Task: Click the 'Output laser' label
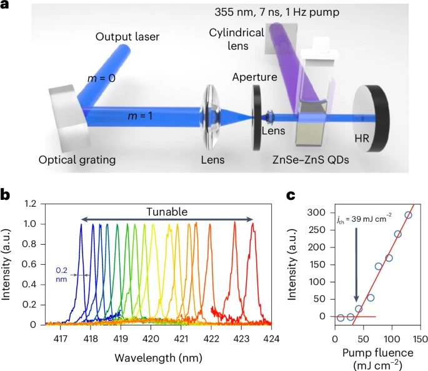point(128,37)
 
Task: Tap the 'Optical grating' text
point(77,160)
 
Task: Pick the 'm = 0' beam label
point(104,78)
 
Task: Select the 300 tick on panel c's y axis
point(321,213)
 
